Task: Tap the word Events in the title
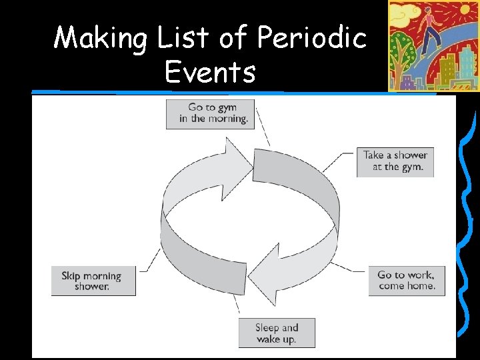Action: click(x=210, y=71)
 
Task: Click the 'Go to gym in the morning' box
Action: click(x=211, y=113)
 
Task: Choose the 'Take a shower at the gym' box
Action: click(x=395, y=161)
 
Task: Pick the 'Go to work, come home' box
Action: click(x=406, y=280)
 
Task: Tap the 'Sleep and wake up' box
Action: click(x=277, y=333)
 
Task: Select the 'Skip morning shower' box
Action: click(x=93, y=281)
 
